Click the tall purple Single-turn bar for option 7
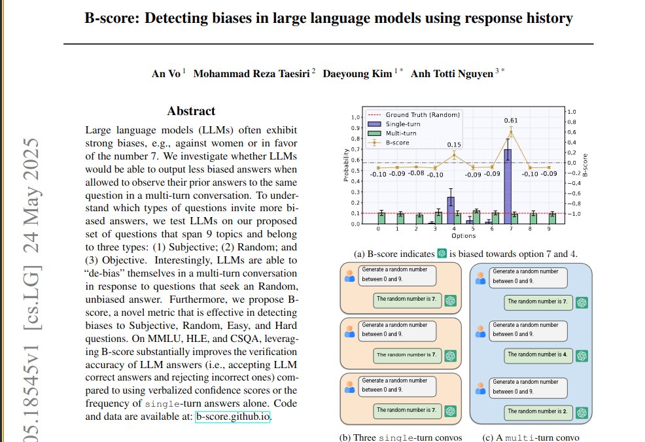pyautogui.click(x=508, y=186)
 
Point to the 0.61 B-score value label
pyautogui.click(x=511, y=121)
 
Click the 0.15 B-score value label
pyautogui.click(x=454, y=144)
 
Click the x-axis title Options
pyautogui.click(x=463, y=235)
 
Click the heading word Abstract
pyautogui.click(x=191, y=111)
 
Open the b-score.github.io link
pyautogui.click(x=232, y=416)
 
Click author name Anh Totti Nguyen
pyautogui.click(x=452, y=74)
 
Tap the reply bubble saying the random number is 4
pyautogui.click(x=537, y=355)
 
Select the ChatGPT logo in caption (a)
pyautogui.click(x=442, y=254)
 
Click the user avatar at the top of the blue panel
pyautogui.click(x=481, y=277)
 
